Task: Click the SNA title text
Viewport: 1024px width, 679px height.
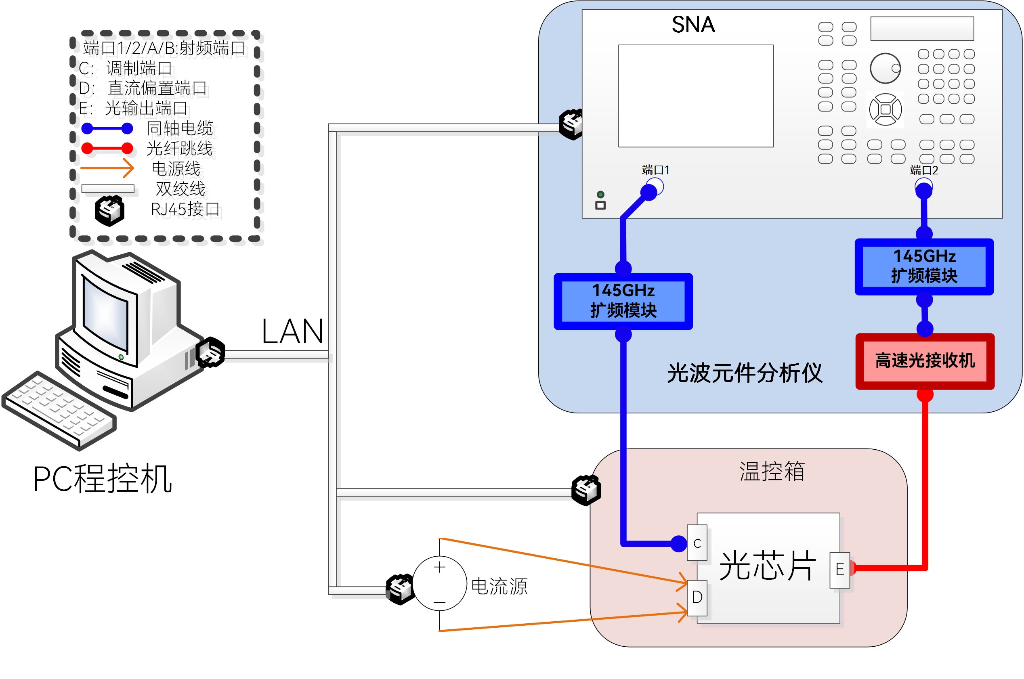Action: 692,24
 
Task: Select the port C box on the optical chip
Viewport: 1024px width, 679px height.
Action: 697,543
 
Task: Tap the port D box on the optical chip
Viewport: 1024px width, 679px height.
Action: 697,597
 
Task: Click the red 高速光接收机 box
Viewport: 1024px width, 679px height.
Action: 924,361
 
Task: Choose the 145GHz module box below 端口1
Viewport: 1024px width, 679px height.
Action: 623,301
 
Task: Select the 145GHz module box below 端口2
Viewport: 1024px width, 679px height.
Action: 923,266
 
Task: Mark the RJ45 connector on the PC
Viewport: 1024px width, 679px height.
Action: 210,352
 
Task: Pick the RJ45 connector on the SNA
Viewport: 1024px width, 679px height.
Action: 571,124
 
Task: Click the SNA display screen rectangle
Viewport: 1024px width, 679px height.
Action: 695,96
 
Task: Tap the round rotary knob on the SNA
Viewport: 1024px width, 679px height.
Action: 885,68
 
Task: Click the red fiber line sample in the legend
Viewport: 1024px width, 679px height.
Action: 107,148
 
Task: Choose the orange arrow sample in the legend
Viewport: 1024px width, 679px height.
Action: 107,168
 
